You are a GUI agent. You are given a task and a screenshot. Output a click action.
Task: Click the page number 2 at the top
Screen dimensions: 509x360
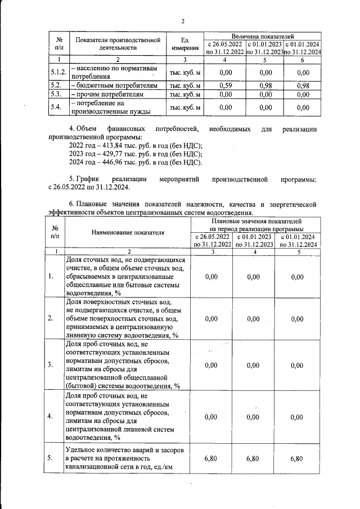[x=183, y=22]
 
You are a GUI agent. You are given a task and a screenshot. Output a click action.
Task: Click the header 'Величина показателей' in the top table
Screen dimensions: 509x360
[x=263, y=36]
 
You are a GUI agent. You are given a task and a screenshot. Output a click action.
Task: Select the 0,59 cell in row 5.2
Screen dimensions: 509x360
[x=225, y=85]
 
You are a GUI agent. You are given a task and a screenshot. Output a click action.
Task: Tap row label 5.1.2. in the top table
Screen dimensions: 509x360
[x=59, y=72]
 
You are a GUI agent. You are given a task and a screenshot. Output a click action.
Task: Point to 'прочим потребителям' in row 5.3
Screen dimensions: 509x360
[x=112, y=94]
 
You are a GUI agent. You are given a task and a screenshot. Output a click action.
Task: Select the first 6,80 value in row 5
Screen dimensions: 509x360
[x=211, y=458]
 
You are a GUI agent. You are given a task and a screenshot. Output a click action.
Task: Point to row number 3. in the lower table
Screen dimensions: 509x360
[x=51, y=364]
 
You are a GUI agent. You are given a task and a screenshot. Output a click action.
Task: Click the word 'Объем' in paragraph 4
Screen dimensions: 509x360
[x=87, y=129]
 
